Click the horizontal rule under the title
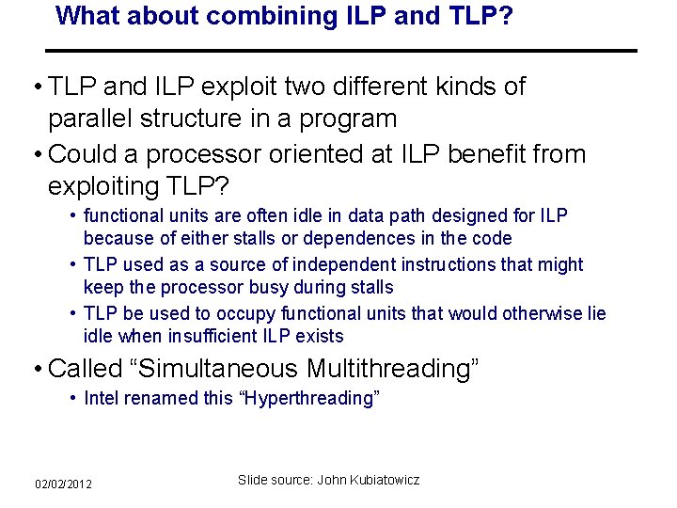[342, 50]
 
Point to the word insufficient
[208, 337]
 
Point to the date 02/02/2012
[64, 484]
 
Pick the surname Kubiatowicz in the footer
[386, 481]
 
